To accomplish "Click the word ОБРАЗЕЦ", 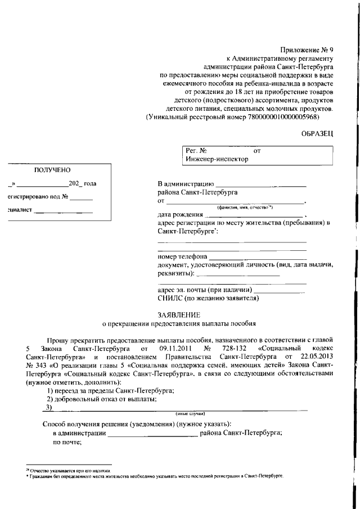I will tap(318, 133).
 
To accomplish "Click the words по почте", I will tap(67, 442).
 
